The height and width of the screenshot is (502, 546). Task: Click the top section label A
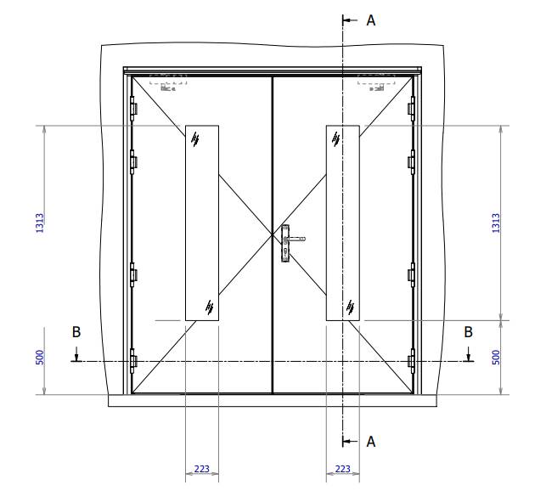click(x=370, y=20)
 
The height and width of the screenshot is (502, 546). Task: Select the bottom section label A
click(x=370, y=442)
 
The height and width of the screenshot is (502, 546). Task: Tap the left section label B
click(x=76, y=332)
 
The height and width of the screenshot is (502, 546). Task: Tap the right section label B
click(x=468, y=332)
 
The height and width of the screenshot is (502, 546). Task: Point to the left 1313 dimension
click(x=39, y=223)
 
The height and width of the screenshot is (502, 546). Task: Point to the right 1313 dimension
click(x=496, y=223)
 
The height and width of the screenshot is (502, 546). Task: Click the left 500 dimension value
click(x=39, y=358)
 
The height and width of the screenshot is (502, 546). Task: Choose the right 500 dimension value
click(x=496, y=358)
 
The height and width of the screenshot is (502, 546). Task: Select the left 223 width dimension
click(x=202, y=469)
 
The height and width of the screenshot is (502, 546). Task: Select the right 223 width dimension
click(x=343, y=469)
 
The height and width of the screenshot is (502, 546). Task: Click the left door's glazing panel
click(x=202, y=223)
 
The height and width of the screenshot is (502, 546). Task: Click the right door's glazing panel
click(x=343, y=223)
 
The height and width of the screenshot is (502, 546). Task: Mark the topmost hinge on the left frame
click(x=132, y=108)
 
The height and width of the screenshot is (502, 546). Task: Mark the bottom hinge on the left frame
click(x=132, y=361)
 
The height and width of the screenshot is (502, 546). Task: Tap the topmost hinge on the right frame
click(x=412, y=108)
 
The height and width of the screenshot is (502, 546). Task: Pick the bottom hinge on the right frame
click(x=412, y=361)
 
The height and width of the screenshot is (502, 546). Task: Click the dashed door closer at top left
click(x=168, y=82)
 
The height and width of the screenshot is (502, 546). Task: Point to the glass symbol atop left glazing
click(x=195, y=138)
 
